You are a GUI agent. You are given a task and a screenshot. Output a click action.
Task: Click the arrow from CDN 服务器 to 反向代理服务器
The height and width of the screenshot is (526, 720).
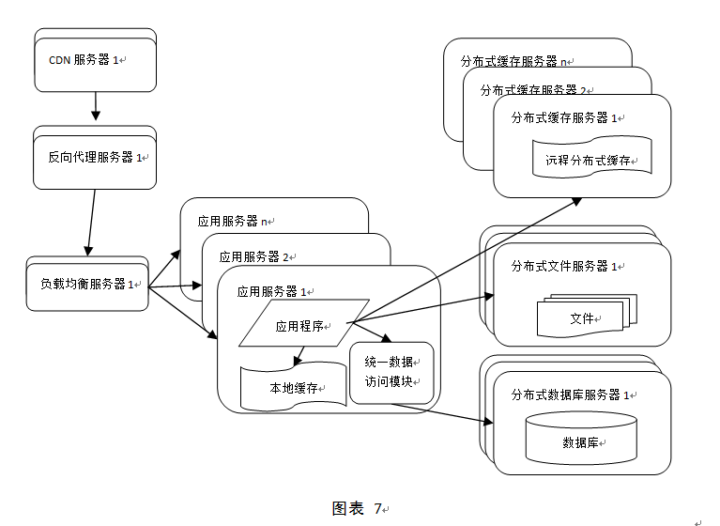[x=95, y=106]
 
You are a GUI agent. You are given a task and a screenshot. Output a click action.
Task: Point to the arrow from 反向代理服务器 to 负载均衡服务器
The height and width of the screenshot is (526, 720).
[x=90, y=221]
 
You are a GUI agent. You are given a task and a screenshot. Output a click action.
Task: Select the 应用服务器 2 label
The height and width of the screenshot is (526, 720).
[x=254, y=256]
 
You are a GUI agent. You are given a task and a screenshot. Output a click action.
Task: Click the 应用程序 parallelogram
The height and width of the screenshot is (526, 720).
[x=301, y=326]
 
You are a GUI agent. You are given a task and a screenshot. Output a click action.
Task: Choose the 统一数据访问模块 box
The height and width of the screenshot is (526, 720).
[x=391, y=372]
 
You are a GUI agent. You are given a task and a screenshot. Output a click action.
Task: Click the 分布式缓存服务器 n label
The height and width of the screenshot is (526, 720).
[x=516, y=61]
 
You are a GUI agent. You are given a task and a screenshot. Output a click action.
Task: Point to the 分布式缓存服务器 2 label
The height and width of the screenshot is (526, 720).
[x=534, y=90]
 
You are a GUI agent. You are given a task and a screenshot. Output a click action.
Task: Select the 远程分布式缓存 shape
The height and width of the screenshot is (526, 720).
[x=590, y=159]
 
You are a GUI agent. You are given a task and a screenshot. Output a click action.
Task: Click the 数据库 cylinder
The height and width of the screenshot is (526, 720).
[x=583, y=440]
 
